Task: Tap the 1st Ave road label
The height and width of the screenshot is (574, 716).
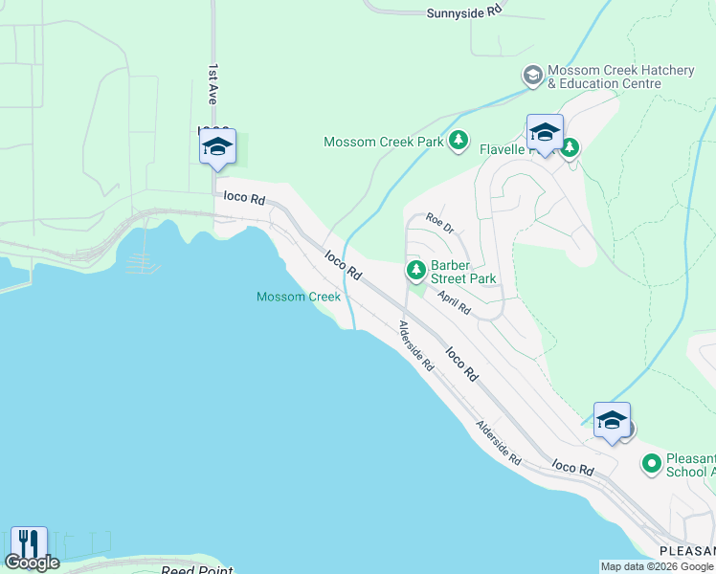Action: pos(213,85)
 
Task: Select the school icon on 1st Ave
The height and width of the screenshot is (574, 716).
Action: pos(217,147)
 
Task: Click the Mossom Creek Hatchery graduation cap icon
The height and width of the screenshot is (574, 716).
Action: pos(532,75)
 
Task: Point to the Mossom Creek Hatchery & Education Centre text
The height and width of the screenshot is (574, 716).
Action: pos(604,77)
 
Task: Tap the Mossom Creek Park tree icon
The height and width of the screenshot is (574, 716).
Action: pos(459,142)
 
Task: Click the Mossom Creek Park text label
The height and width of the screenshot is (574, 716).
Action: pos(384,142)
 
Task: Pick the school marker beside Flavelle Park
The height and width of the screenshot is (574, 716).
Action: pos(545,133)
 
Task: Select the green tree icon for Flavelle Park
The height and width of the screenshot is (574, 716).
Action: pos(571,148)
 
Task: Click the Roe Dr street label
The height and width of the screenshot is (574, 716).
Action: pos(439,222)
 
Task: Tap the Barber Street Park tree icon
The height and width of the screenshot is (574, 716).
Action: pos(416,271)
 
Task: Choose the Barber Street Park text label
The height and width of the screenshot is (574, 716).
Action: pos(463,272)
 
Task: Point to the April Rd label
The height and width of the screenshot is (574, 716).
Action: pos(455,302)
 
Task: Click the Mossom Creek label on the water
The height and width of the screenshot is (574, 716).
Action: pos(299,297)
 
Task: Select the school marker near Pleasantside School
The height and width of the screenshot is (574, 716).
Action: pos(612,421)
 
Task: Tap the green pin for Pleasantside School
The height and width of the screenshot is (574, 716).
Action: pos(652,465)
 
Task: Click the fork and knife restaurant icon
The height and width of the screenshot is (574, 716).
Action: pos(28,542)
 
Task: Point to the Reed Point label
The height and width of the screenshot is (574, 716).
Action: pos(195,570)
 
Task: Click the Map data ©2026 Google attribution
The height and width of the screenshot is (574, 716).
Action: pos(657,566)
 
